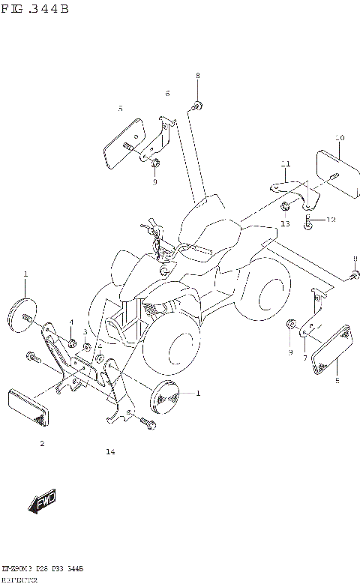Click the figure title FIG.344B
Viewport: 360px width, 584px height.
35,9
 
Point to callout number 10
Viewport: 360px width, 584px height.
340,139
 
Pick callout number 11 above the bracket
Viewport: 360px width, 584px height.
285,164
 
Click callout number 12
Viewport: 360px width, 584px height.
331,220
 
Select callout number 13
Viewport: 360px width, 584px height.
285,223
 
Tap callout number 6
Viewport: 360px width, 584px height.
167,93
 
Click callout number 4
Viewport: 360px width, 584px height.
71,322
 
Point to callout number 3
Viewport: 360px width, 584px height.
85,332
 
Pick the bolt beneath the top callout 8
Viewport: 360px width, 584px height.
196,105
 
